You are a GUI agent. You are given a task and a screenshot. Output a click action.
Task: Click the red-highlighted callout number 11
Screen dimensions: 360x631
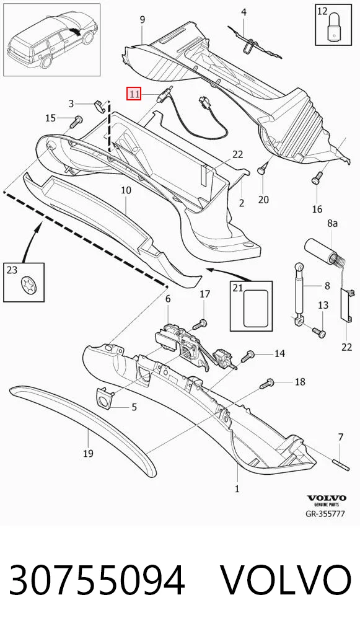click(134, 95)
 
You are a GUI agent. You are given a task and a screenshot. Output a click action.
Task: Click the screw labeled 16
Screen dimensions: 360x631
click(317, 178)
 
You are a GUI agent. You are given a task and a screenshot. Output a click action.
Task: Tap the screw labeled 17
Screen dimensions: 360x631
click(200, 324)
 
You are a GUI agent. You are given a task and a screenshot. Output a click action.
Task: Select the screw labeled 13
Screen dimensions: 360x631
click(318, 332)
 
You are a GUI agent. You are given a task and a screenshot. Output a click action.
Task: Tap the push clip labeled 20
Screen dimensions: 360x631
click(262, 169)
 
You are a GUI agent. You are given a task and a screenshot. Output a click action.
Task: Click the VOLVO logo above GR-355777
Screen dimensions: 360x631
click(327, 498)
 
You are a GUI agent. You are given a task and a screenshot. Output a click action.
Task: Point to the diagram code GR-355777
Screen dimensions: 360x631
click(325, 513)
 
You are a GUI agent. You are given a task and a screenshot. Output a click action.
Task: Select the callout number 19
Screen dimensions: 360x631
click(89, 454)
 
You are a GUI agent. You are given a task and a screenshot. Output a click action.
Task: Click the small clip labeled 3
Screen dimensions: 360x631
click(100, 105)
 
